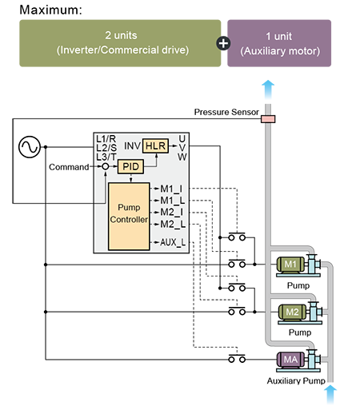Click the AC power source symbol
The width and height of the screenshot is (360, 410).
pos(30,147)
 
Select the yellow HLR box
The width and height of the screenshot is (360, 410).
pos(155,146)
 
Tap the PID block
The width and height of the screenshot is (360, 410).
pos(130,167)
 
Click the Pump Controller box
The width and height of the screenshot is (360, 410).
pos(129,217)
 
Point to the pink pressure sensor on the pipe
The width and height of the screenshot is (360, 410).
pos(268,119)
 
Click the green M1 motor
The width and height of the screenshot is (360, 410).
pos(290,265)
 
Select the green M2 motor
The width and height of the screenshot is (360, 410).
pos(292,312)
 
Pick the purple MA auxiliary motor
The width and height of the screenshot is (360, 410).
pos(290,360)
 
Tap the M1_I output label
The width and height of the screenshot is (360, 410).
pos(171,189)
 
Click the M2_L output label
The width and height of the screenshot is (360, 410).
pos(173,225)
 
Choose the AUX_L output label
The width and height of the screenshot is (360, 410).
pos(173,242)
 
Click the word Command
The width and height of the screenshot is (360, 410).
pos(69,167)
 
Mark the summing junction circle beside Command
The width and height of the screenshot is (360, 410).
pos(106,166)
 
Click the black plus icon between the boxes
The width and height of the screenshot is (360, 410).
pos(223,43)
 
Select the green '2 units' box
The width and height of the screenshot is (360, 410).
pos(120,43)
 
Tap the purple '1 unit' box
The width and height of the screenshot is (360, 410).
pos(279,43)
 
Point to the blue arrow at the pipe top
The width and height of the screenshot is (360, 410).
pos(268,90)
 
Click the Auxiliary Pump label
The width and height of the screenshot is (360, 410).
pos(296,381)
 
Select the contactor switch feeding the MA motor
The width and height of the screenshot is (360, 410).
pos(237,358)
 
